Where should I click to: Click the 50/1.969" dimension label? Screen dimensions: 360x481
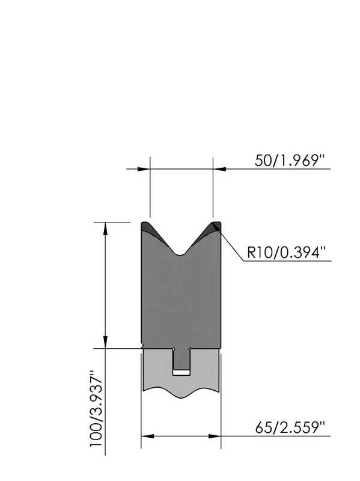click(x=290, y=161)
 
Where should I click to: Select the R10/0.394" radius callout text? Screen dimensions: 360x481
click(x=286, y=253)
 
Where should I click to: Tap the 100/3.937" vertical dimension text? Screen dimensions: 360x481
click(x=97, y=409)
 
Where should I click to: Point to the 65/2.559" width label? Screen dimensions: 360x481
click(x=290, y=427)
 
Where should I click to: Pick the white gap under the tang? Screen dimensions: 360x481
click(x=182, y=372)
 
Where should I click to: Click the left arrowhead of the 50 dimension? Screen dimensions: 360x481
click(x=144, y=169)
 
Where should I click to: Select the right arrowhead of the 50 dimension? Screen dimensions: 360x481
click(x=219, y=169)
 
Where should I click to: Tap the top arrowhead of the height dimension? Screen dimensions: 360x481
click(x=106, y=228)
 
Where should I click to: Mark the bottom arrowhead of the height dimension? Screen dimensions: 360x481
click(x=106, y=342)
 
